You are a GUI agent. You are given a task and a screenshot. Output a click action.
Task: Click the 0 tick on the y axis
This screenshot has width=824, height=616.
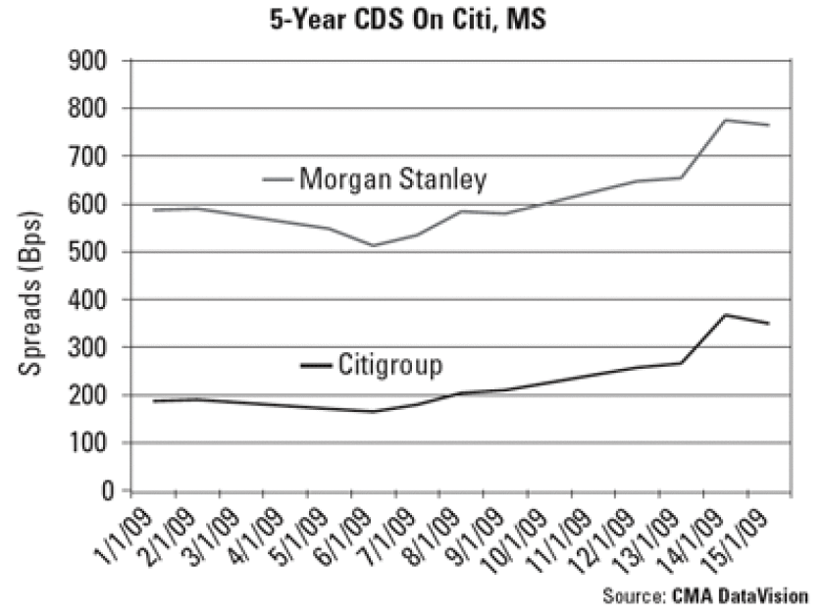(108, 490)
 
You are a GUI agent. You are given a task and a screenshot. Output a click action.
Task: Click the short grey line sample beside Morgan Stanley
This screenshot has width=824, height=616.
(278, 180)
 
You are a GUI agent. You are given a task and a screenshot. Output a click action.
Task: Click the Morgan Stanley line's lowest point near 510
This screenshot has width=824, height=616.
(374, 245)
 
